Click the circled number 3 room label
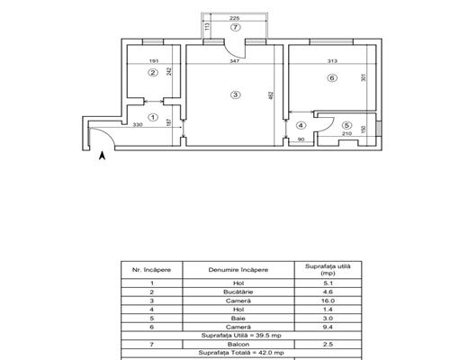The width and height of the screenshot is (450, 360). point(236,94)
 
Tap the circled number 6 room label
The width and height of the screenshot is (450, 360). point(332,78)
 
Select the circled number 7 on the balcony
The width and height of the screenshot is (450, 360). point(236,27)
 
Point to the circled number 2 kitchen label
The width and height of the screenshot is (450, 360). point(153,73)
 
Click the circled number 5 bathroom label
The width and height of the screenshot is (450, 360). point(346,125)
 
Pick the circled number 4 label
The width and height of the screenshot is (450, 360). point(301,125)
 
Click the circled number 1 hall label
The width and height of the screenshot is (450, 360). point(153,117)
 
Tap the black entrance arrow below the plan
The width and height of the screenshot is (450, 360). point(103,156)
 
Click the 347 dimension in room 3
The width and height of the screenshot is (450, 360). point(234,61)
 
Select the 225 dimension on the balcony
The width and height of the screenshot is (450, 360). point(234,18)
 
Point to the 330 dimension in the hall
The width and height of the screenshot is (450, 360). point(138,125)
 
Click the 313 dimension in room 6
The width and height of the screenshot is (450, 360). point(332,61)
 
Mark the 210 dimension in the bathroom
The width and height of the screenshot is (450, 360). point(346,133)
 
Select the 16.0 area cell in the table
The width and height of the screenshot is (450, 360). point(328,301)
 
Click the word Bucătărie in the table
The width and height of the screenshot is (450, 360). point(238,292)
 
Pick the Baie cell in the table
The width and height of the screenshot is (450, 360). point(238,319)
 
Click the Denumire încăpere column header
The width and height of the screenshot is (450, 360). point(238,270)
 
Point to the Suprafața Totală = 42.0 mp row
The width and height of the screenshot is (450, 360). point(241,353)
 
